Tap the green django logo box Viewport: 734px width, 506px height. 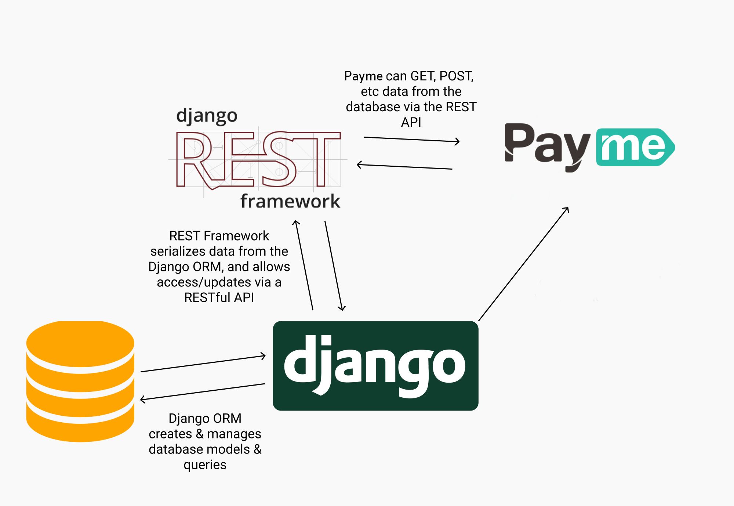click(x=375, y=366)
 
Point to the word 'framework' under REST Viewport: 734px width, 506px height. click(x=290, y=201)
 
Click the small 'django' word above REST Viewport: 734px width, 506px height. click(x=207, y=116)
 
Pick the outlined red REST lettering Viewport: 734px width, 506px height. click(x=257, y=160)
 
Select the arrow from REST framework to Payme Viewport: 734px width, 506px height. click(x=411, y=140)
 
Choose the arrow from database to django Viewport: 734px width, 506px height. click(x=203, y=364)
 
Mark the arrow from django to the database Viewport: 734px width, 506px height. click(x=203, y=392)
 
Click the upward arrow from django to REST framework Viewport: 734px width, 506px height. click(x=304, y=265)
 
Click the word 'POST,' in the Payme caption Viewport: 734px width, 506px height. click(x=457, y=76)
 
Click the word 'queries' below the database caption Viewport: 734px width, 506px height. click(x=205, y=465)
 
